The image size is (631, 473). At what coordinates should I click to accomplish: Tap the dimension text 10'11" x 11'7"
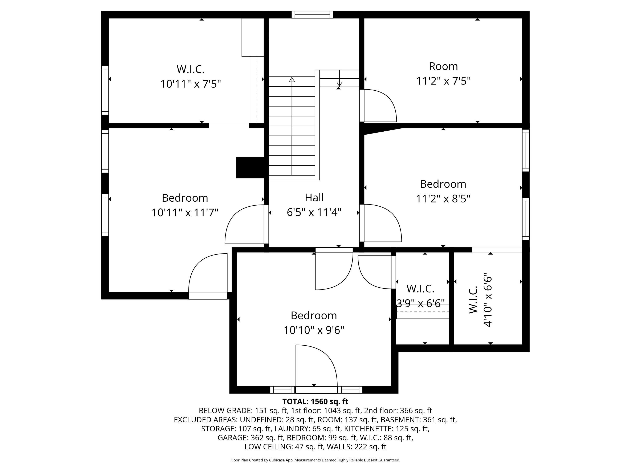(x=185, y=213)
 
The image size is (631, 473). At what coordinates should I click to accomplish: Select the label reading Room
(x=443, y=66)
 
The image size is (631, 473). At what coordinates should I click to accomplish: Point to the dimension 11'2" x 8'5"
(x=443, y=199)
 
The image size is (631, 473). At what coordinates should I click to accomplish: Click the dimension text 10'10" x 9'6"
(x=314, y=330)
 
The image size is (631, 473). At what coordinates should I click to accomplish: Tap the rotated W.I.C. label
(x=473, y=299)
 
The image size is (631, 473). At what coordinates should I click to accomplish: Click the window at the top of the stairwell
(x=312, y=15)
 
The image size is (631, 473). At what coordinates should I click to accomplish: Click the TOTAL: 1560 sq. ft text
(x=315, y=402)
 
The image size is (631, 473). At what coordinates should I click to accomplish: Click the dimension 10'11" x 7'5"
(x=191, y=84)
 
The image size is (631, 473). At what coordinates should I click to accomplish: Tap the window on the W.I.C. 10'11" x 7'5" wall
(x=105, y=90)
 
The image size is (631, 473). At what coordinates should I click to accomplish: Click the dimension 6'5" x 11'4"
(x=314, y=212)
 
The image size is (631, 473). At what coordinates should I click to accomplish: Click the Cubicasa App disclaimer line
(x=315, y=460)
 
